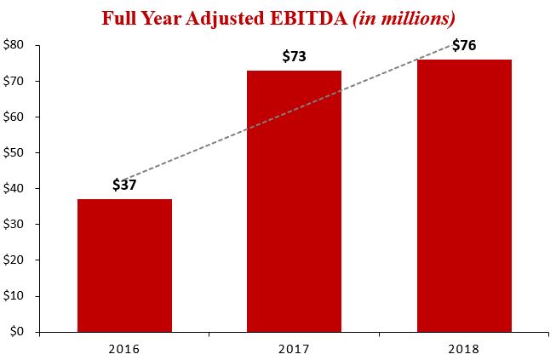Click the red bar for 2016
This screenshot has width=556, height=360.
(124, 265)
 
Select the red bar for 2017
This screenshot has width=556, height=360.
(294, 201)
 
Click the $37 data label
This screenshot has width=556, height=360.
(124, 185)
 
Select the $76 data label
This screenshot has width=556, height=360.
(465, 44)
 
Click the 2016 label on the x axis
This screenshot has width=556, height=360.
(124, 349)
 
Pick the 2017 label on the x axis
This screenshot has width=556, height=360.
(294, 349)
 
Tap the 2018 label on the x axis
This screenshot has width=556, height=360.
(464, 349)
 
